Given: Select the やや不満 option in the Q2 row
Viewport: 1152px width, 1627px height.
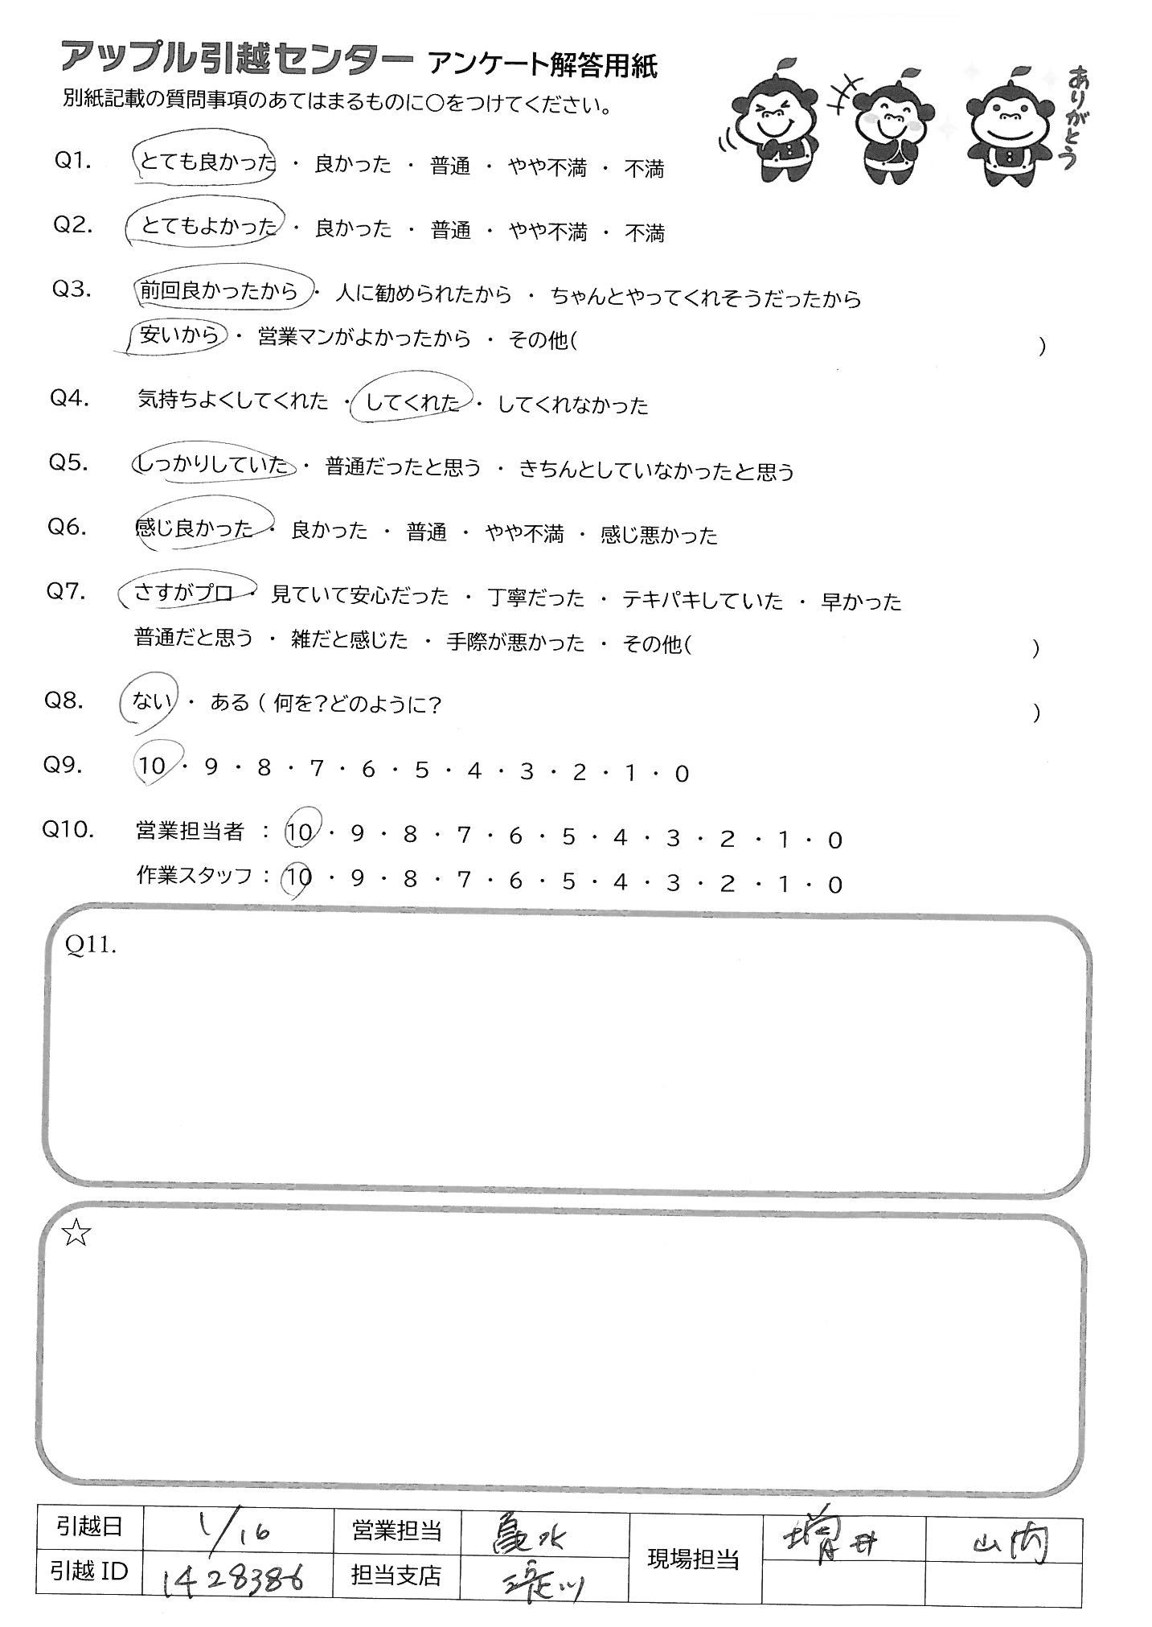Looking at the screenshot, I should pos(547,232).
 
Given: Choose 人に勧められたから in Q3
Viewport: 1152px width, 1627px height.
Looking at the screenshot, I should pos(424,295).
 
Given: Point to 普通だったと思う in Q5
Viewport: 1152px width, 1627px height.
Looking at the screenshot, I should pos(403,467).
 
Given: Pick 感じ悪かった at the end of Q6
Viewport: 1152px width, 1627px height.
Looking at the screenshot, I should pos(658,535).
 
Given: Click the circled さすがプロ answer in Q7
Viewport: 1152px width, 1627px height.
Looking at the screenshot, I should pos(185,594).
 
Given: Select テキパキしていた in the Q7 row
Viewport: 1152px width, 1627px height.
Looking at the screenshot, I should pos(702,600).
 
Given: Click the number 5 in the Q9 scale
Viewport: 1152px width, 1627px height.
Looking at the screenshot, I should pos(421,772).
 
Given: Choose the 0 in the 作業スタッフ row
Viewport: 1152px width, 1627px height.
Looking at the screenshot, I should pos(834,885).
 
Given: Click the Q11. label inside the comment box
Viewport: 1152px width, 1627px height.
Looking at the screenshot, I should pos(91,947).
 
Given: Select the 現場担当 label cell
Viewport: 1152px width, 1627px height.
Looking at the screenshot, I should pos(693,1559).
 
